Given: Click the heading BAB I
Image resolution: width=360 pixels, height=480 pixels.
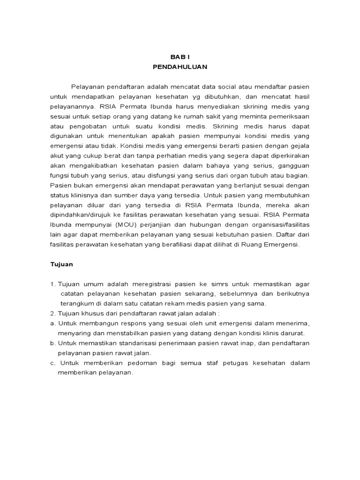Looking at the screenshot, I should [180, 56].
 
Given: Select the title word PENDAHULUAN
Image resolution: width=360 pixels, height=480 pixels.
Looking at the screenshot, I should [180, 67].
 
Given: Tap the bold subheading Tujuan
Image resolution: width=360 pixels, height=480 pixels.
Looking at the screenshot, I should [61, 264].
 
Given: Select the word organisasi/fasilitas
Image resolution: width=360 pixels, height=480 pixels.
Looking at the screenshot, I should [279, 225].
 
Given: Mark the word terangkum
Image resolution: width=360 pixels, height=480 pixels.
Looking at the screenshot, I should [77, 303].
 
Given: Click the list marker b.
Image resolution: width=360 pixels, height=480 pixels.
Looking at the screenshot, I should [52, 343].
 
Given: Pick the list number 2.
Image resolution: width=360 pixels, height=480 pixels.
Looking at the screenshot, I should [53, 314].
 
